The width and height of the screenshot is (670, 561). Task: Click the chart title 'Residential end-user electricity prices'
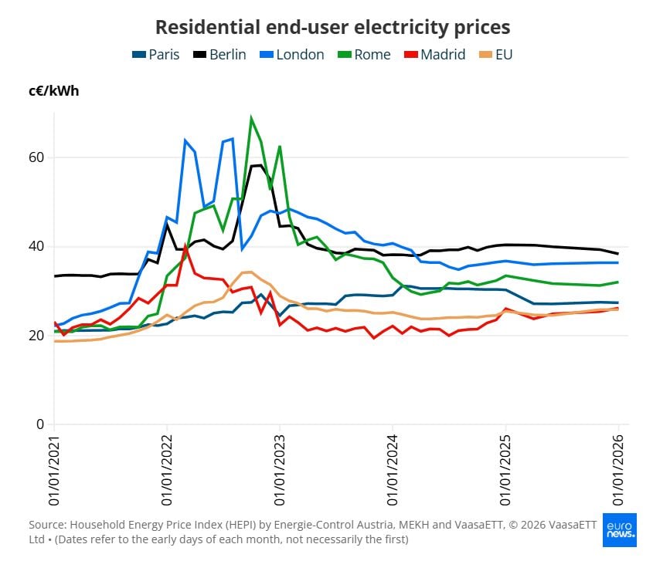pyautogui.click(x=332, y=27)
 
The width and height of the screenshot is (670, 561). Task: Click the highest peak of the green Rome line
pyautogui.click(x=251, y=118)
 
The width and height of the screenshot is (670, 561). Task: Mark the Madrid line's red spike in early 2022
pyautogui.click(x=185, y=246)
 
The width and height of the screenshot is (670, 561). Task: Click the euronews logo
pyautogui.click(x=620, y=526)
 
